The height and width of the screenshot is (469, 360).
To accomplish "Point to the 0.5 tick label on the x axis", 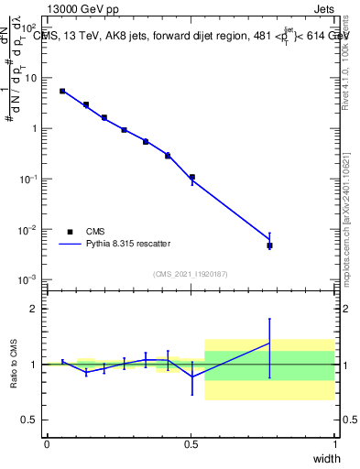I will click(x=191, y=444).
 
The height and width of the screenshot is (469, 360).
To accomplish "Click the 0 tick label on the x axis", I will click(x=47, y=444).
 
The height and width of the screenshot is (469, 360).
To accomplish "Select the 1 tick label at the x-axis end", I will click(x=335, y=444).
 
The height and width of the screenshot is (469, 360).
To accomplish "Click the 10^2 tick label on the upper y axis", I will click(x=29, y=27).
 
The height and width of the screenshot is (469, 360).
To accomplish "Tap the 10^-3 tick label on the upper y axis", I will click(x=29, y=279).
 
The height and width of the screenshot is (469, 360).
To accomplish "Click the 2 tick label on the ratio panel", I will click(x=37, y=309).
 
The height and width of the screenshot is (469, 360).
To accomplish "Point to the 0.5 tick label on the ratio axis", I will click(x=32, y=420).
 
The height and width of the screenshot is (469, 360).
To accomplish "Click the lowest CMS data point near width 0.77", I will click(x=269, y=245).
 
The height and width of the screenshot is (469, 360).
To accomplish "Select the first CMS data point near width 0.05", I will click(x=62, y=91).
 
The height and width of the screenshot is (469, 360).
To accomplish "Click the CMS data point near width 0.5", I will click(x=191, y=177).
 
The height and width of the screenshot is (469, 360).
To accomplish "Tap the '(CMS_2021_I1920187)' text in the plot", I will click(x=191, y=273).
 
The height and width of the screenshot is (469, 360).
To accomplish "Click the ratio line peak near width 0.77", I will click(x=269, y=343).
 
